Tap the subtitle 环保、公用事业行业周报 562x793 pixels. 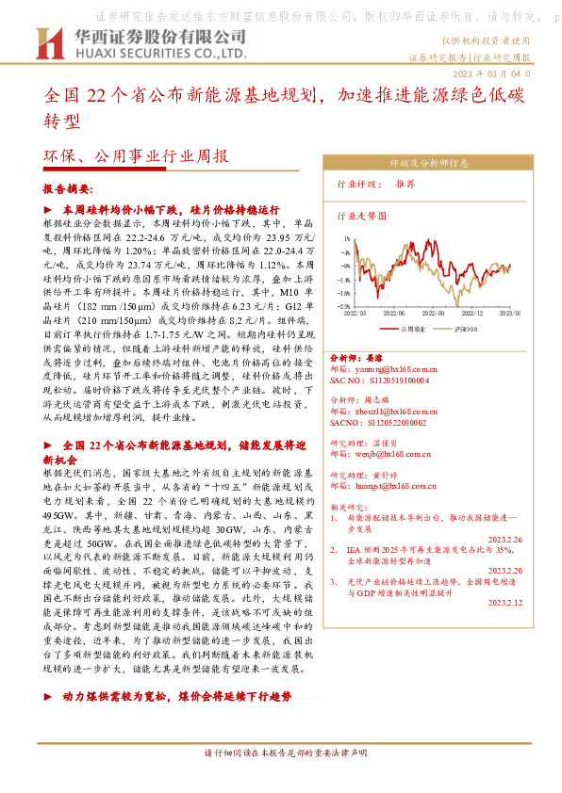pos(136,156)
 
